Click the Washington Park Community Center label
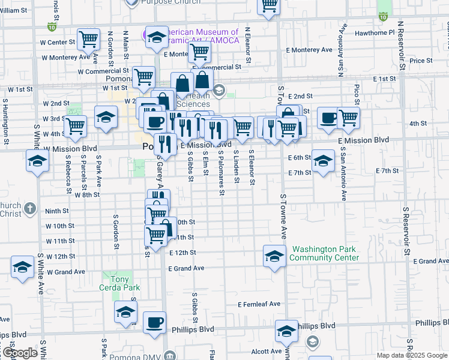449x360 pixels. click(x=324, y=254)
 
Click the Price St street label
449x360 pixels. click(x=420, y=61)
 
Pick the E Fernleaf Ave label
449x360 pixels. click(x=259, y=304)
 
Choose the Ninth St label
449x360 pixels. click(x=57, y=211)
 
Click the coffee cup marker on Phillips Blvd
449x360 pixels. click(x=155, y=322)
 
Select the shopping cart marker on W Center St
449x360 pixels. click(x=88, y=40)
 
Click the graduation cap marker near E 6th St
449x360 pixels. click(x=323, y=160)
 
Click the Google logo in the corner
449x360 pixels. click(x=19, y=353)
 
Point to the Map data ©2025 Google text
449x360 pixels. click(x=412, y=355)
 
